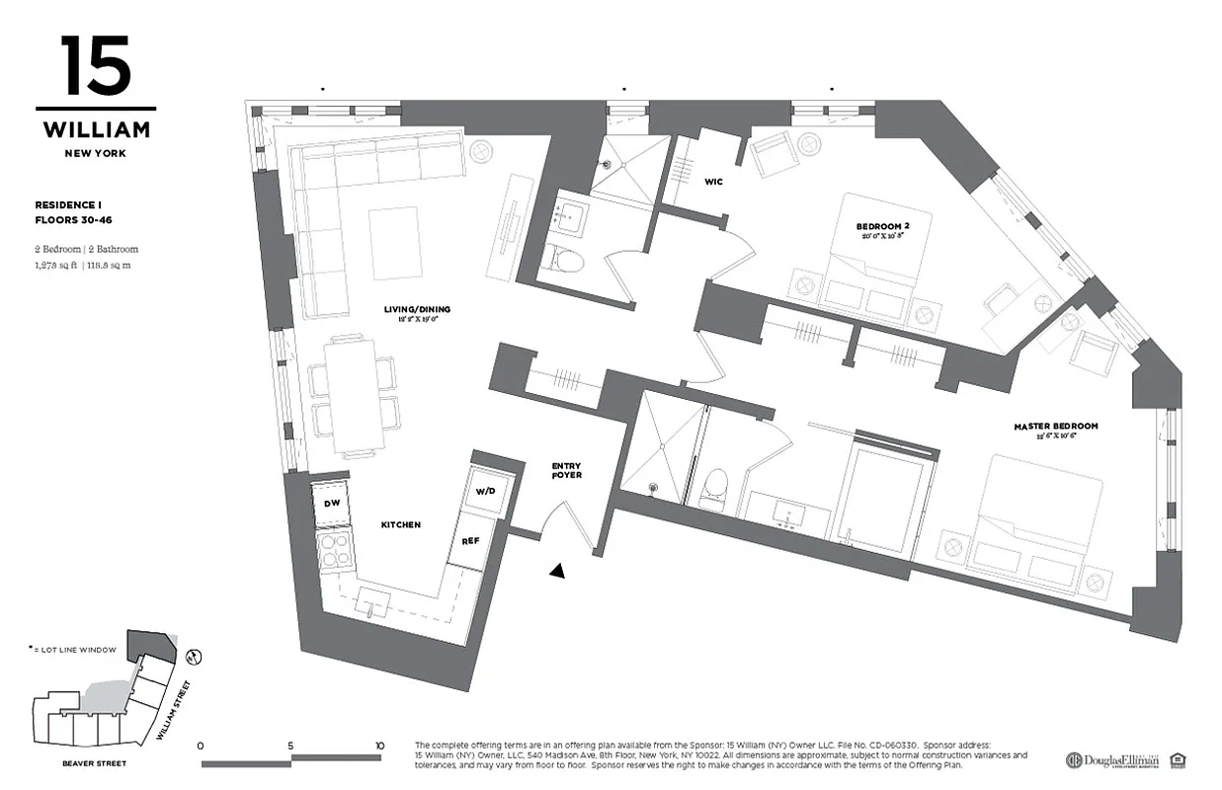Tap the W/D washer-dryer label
coord(485,491)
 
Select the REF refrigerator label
coord(470,541)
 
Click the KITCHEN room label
coord(400,524)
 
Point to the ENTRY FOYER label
coord(566,470)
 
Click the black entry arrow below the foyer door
coord(559,569)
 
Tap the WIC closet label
coord(713,182)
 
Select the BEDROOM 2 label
coord(882,227)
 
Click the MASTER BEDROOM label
coord(1055,427)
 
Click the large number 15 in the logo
coord(95,66)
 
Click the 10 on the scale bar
coord(379,746)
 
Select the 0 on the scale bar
coord(201,746)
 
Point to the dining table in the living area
coord(352,395)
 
